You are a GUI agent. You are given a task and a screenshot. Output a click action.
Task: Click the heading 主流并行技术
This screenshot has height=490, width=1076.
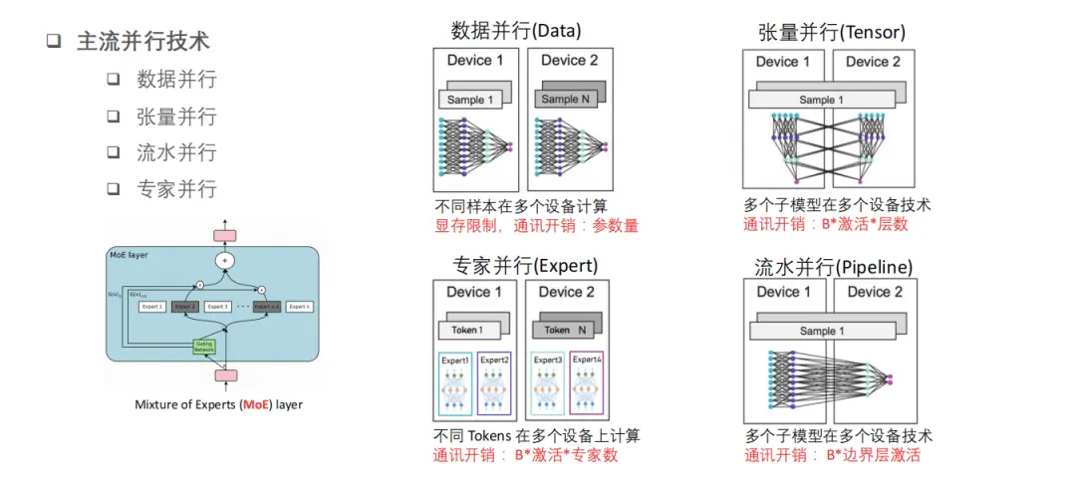click(x=143, y=42)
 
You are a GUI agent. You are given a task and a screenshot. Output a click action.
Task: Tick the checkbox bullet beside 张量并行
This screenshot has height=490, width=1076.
click(x=114, y=117)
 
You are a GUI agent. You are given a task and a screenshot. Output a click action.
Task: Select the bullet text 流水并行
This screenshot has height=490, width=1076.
click(x=176, y=152)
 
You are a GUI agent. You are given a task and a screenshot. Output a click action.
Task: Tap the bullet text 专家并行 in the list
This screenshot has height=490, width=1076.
click(x=176, y=188)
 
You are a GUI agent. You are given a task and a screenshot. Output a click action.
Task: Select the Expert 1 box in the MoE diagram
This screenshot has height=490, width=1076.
click(x=152, y=307)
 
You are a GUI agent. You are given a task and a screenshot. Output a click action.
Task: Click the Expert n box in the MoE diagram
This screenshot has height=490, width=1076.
click(x=300, y=307)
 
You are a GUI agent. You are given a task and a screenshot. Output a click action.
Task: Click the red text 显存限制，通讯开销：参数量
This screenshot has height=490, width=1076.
click(x=536, y=226)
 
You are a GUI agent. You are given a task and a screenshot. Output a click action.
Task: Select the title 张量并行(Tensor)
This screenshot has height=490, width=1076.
click(x=831, y=32)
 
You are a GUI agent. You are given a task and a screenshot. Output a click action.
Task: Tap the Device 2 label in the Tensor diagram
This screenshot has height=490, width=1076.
click(x=873, y=62)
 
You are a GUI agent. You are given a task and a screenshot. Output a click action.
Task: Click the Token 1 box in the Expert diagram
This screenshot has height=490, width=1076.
click(x=468, y=330)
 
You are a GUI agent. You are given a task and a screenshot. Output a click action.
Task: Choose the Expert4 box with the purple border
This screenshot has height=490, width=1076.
click(x=587, y=382)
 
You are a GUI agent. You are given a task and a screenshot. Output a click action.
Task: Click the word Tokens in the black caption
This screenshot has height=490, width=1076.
click(x=488, y=435)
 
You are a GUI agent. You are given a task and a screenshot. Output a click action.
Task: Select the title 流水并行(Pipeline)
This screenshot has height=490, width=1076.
click(x=834, y=267)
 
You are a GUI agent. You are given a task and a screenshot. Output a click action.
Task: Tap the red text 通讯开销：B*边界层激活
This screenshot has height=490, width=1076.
click(x=832, y=455)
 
